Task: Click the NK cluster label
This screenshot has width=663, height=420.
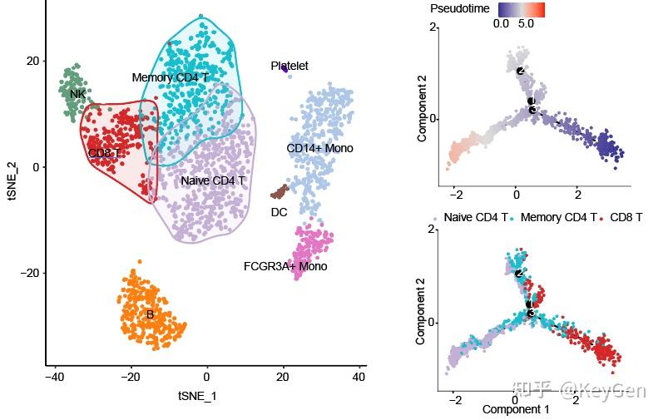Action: (x=77, y=94)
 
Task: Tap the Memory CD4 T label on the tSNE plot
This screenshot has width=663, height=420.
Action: (x=171, y=77)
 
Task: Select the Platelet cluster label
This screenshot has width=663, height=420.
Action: (x=289, y=66)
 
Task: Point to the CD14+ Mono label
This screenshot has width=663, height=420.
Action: (x=319, y=148)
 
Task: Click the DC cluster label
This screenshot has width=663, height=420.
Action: (x=279, y=212)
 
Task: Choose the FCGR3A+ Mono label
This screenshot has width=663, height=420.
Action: (x=285, y=266)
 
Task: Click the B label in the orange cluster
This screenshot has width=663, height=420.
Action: (x=150, y=314)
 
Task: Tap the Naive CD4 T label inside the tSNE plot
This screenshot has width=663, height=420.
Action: (x=213, y=180)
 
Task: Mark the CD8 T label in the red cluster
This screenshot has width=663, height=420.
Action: (x=104, y=153)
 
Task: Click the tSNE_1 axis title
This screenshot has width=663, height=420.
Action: (x=197, y=396)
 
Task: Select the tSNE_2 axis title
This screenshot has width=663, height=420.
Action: (x=11, y=182)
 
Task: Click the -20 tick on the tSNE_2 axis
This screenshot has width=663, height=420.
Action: (x=29, y=273)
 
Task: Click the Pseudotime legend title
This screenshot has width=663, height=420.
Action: (x=458, y=8)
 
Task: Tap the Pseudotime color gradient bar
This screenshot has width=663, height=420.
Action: (x=521, y=9)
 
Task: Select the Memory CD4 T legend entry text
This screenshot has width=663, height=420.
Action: (x=559, y=217)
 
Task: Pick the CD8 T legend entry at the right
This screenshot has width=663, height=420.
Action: (x=626, y=217)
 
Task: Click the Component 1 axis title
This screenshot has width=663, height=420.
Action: (x=516, y=409)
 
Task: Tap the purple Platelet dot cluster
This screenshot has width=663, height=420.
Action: (x=284, y=69)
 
